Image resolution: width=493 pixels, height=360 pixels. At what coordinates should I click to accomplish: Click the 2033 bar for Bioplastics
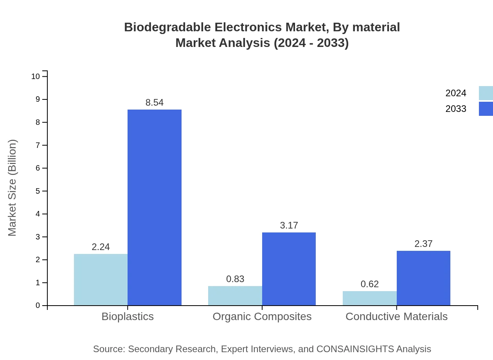(x=155, y=207)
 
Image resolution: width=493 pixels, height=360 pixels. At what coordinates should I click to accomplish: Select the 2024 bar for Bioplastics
(x=101, y=280)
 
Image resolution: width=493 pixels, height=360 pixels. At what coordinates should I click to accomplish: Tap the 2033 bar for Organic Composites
(x=289, y=269)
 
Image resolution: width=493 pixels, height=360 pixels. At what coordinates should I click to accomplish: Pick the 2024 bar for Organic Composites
(x=235, y=296)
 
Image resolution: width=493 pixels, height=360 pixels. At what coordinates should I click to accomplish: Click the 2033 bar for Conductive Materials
(x=423, y=278)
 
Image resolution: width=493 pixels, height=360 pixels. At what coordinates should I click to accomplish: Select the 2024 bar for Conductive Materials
(x=369, y=298)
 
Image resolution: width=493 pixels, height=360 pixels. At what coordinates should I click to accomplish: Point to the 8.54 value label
(x=155, y=103)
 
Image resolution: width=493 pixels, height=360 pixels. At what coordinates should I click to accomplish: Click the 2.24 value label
(x=101, y=247)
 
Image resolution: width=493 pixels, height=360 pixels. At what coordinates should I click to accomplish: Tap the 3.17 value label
(x=289, y=225)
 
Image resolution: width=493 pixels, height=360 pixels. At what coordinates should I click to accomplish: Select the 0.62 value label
(x=369, y=284)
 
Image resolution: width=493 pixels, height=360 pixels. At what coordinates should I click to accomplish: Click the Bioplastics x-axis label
(x=128, y=316)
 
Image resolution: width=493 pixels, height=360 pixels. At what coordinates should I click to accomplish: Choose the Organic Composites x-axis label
(x=262, y=316)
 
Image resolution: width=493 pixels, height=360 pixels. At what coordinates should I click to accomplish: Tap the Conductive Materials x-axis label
(x=396, y=316)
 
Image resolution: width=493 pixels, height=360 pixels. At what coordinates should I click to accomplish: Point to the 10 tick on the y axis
(x=36, y=76)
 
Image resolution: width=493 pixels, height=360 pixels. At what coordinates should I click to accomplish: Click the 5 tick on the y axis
(x=38, y=191)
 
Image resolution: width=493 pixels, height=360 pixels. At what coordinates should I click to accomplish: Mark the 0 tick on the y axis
(x=38, y=306)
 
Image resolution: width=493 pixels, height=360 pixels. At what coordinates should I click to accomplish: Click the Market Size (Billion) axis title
(x=12, y=188)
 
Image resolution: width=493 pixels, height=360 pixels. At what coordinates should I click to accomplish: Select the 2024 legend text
(x=456, y=93)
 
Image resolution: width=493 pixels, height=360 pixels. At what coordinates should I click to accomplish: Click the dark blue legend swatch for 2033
(x=486, y=109)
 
